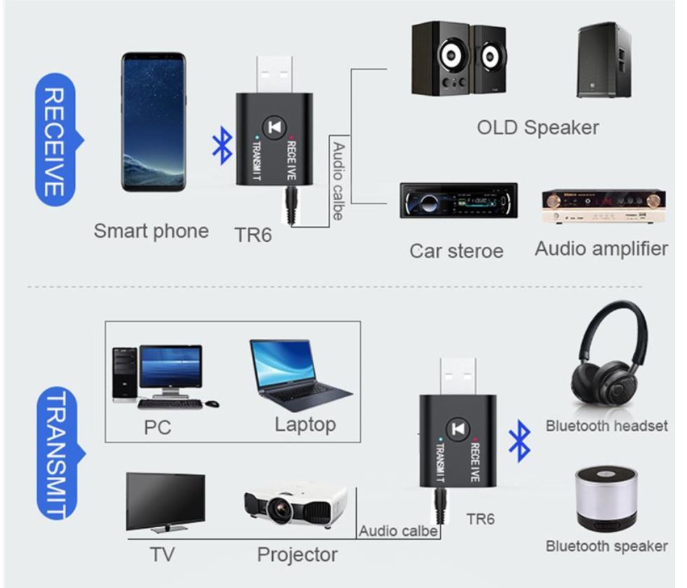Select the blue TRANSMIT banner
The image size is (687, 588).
click(x=57, y=454)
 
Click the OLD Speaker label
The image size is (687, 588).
click(x=538, y=128)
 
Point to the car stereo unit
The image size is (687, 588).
click(x=458, y=201)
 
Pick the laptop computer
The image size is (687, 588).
click(x=299, y=374)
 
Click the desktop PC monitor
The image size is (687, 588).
click(x=170, y=368)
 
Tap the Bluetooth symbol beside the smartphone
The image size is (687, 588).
click(x=222, y=146)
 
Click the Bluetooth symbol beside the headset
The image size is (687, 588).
click(x=519, y=442)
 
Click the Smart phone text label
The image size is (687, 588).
click(x=151, y=231)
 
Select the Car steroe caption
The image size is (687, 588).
click(x=456, y=250)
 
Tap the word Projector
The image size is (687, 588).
click(x=297, y=554)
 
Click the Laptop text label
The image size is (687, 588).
click(x=305, y=424)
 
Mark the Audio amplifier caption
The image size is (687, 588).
click(x=601, y=248)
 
